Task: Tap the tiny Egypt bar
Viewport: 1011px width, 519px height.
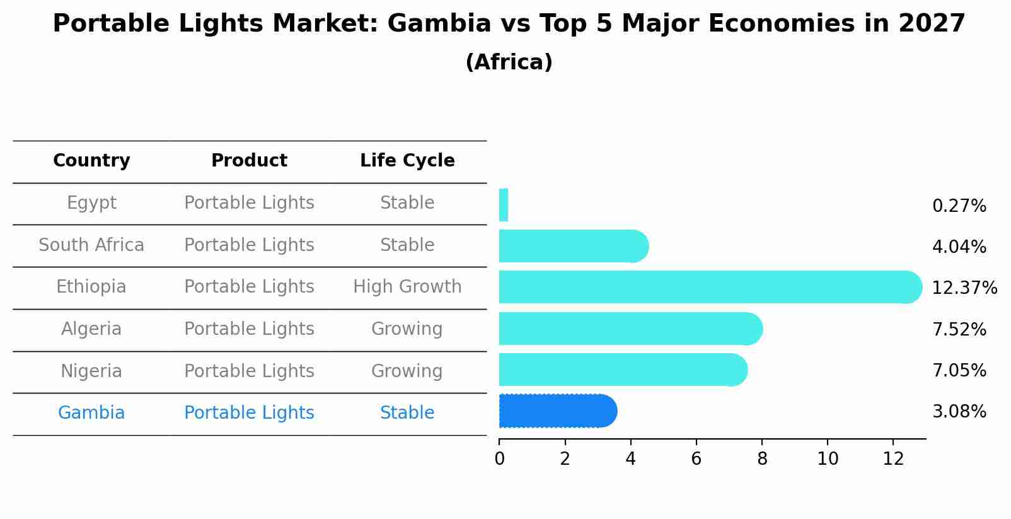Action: (504, 205)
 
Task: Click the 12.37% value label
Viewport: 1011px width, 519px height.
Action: (964, 288)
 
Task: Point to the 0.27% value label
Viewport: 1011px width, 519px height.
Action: (959, 206)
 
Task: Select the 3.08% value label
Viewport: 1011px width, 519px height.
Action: (959, 412)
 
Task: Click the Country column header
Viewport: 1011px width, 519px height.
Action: (91, 161)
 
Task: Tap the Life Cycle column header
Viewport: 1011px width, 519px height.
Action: (407, 161)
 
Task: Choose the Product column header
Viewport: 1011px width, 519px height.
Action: (249, 161)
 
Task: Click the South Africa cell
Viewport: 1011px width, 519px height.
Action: (91, 245)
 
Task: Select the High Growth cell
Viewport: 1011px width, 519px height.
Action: (407, 287)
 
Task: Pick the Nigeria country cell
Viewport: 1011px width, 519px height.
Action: (91, 371)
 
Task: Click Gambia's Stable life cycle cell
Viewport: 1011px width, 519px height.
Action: (407, 413)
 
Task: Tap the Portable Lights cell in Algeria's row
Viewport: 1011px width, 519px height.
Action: (249, 329)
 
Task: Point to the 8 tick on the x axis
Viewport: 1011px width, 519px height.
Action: (762, 459)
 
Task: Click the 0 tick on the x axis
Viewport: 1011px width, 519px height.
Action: (499, 459)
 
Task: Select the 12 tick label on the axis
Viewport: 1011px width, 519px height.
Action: (893, 459)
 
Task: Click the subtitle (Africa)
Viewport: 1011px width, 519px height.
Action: (509, 62)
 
